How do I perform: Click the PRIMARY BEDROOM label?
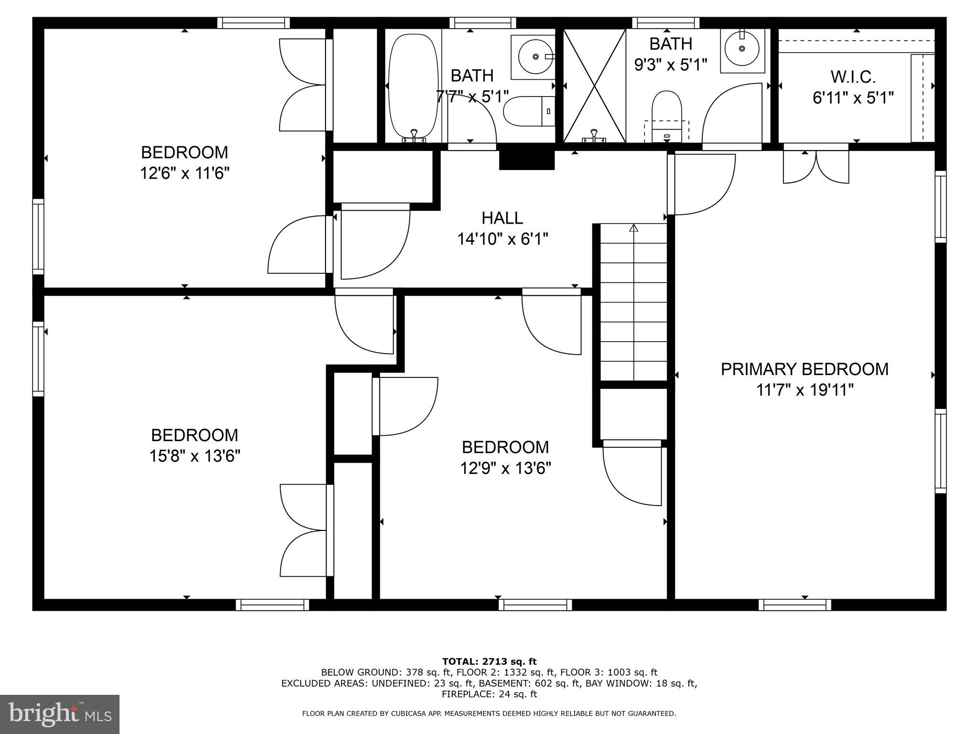(x=804, y=369)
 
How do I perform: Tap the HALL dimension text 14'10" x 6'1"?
(x=502, y=239)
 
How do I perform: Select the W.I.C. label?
(x=853, y=77)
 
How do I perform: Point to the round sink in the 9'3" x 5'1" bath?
(x=741, y=48)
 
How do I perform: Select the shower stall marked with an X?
(x=594, y=86)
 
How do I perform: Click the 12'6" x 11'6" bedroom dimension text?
(x=185, y=173)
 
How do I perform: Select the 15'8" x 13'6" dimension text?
(x=195, y=456)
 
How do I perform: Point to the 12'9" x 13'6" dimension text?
(x=505, y=468)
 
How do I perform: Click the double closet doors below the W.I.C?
(x=816, y=167)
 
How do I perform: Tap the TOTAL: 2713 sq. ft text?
(x=489, y=661)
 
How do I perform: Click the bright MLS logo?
(x=60, y=714)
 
